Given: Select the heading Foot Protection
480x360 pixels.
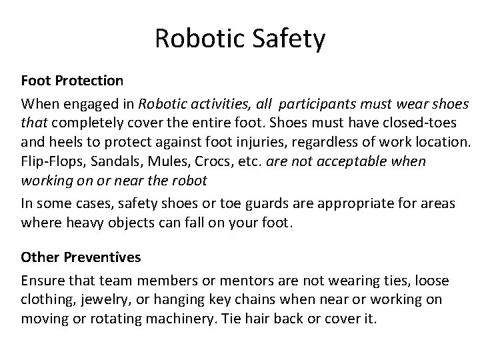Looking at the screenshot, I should pos(72,81).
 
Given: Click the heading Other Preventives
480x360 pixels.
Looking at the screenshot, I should pos(81,256).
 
